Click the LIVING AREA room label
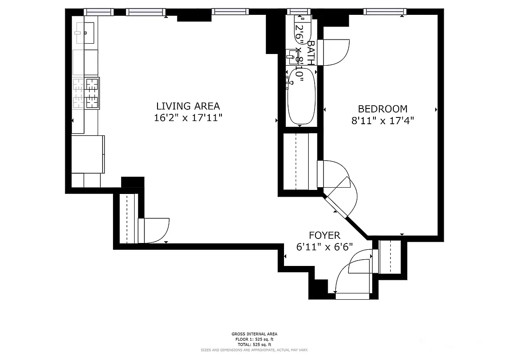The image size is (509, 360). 188,106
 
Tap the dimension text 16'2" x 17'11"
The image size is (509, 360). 188,118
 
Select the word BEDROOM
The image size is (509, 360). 383,108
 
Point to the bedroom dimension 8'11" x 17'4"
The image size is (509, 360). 383,121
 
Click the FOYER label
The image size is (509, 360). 324,235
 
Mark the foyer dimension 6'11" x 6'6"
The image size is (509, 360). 324,247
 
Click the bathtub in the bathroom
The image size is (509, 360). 301,96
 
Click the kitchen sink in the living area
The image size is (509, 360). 84,32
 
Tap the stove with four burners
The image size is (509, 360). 86,93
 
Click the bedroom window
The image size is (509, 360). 385,12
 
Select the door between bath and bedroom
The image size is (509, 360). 333,52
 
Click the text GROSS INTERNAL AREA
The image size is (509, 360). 254,334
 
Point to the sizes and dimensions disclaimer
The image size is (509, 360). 254,350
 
